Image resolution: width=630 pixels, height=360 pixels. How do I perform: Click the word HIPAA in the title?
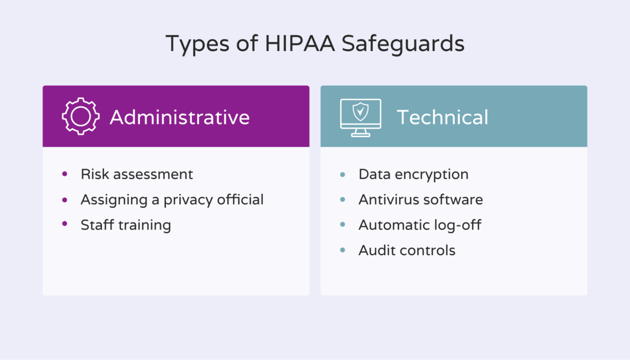tap(300, 43)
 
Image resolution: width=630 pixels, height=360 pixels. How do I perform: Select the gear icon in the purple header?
tap(80, 116)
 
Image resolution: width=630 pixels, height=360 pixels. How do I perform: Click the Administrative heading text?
tap(180, 117)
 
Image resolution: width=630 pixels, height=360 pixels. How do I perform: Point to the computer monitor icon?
tap(361, 118)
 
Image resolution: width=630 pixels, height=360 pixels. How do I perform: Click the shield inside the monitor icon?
tap(361, 111)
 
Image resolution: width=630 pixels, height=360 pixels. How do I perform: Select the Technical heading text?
tap(442, 117)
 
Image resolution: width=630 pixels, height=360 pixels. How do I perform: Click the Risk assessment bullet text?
tap(137, 174)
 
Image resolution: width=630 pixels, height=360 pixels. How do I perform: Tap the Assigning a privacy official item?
tap(172, 200)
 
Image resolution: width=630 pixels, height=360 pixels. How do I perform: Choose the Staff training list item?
tap(126, 225)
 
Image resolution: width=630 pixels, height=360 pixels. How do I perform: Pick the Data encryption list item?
tap(413, 174)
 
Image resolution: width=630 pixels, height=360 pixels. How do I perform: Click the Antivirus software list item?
tap(420, 200)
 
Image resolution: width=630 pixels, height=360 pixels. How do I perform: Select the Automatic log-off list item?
tap(420, 225)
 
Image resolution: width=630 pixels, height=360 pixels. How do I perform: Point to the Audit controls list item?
tap(407, 251)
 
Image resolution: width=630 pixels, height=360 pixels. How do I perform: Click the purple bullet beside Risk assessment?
tap(65, 174)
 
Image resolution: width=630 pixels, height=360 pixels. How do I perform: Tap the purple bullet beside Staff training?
tap(65, 224)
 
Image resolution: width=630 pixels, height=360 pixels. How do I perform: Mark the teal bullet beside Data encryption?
tap(343, 175)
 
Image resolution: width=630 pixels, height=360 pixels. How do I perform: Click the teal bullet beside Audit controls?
tap(343, 250)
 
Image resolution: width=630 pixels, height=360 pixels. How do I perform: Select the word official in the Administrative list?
tap(240, 200)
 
